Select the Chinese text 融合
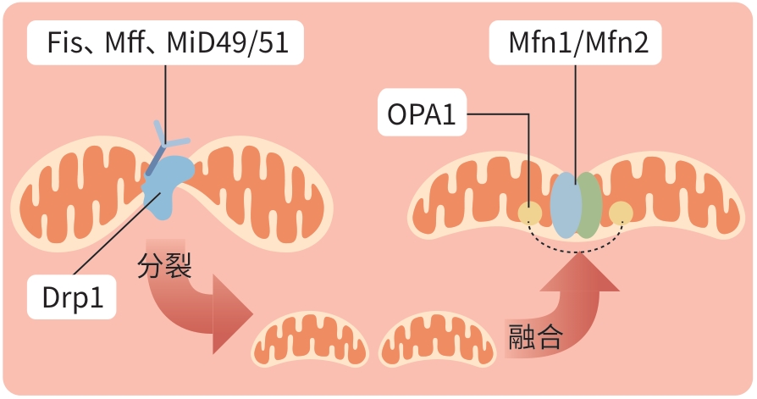(534, 336)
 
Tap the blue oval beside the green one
(565, 206)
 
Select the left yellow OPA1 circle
(530, 213)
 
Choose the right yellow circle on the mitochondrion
(621, 213)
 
